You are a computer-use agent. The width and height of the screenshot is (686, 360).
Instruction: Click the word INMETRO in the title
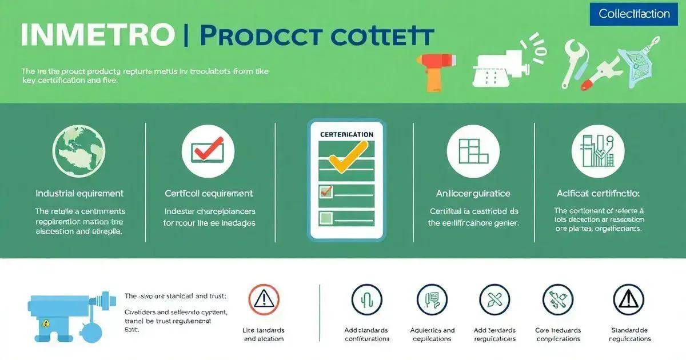(x=97, y=35)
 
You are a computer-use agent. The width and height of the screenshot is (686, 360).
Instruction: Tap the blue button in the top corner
(x=634, y=14)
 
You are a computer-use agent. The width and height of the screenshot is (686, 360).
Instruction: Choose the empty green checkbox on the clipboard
(x=326, y=217)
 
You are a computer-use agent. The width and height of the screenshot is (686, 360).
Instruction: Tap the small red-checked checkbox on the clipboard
(x=326, y=192)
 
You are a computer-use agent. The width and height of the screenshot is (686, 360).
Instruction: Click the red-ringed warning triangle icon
(x=264, y=299)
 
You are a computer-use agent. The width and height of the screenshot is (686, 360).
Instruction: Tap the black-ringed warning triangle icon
(x=628, y=299)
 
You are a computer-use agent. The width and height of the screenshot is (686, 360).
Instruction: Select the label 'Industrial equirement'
(x=79, y=194)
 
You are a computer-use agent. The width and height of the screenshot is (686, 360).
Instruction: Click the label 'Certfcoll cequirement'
(x=209, y=194)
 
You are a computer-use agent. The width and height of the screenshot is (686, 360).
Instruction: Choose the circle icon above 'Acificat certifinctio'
(x=597, y=151)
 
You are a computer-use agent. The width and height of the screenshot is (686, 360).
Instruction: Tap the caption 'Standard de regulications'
(x=631, y=334)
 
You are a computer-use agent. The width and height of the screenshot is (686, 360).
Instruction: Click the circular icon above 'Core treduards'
(x=557, y=299)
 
